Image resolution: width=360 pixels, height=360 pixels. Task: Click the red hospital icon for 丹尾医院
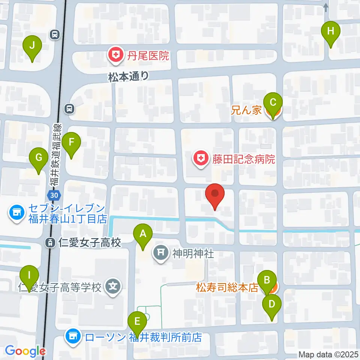(x=114, y=56)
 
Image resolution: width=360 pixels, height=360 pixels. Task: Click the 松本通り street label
(x=128, y=77)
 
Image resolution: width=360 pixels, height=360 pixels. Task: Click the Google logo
(x=25, y=351)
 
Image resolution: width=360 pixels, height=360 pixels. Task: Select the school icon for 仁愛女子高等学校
(x=113, y=288)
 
